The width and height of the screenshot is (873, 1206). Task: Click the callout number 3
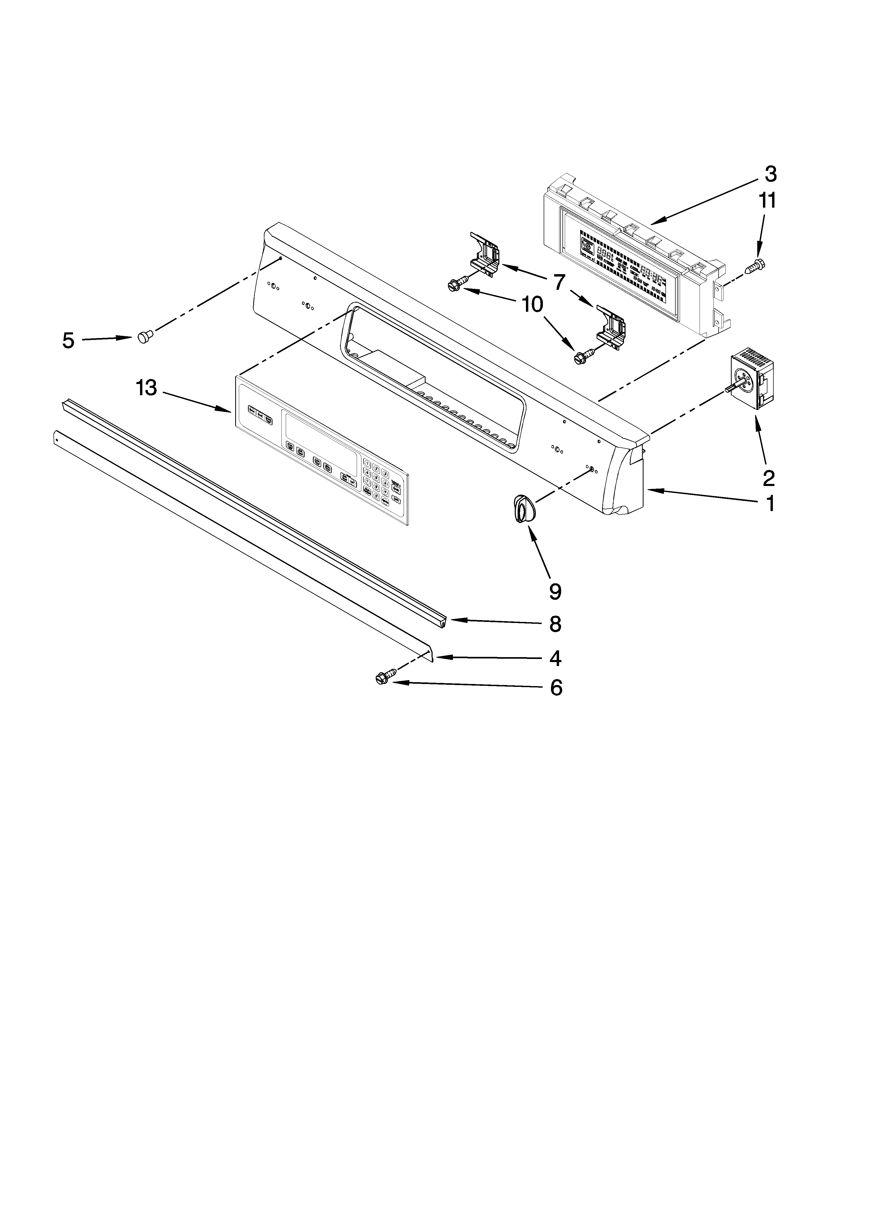770,174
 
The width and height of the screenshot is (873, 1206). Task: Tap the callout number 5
68,340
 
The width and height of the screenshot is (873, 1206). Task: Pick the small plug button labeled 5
144,336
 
